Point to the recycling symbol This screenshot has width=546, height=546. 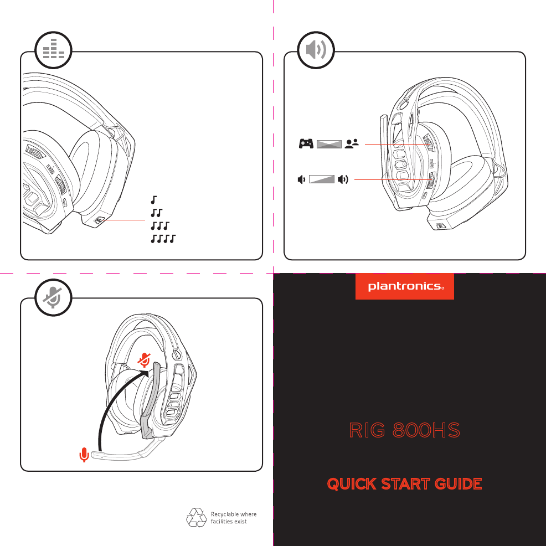pyautogui.click(x=197, y=518)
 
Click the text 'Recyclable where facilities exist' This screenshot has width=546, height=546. pyautogui.click(x=233, y=518)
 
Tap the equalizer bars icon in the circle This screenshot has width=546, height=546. pyautogui.click(x=54, y=51)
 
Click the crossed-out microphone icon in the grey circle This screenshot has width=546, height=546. pyautogui.click(x=54, y=297)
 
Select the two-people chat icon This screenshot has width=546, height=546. pyautogui.click(x=352, y=144)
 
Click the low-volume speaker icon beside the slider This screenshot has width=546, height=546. pyautogui.click(x=301, y=179)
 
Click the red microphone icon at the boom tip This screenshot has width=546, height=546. pyautogui.click(x=84, y=455)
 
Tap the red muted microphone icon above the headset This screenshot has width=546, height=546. pyautogui.click(x=145, y=360)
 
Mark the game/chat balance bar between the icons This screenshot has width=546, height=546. pyautogui.click(x=328, y=144)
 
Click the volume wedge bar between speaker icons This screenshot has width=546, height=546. pyautogui.click(x=323, y=179)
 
